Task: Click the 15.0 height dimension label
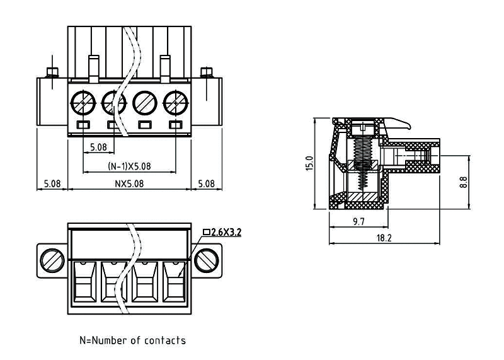click(309, 164)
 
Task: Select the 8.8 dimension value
click(464, 182)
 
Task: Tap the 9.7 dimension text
click(358, 222)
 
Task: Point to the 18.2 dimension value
click(384, 238)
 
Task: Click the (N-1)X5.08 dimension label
click(129, 166)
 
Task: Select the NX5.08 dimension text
click(129, 184)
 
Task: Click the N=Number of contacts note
click(132, 340)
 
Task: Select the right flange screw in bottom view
click(207, 259)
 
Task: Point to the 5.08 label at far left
click(52, 184)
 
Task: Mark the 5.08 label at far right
click(206, 184)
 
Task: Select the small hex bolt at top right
click(206, 71)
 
